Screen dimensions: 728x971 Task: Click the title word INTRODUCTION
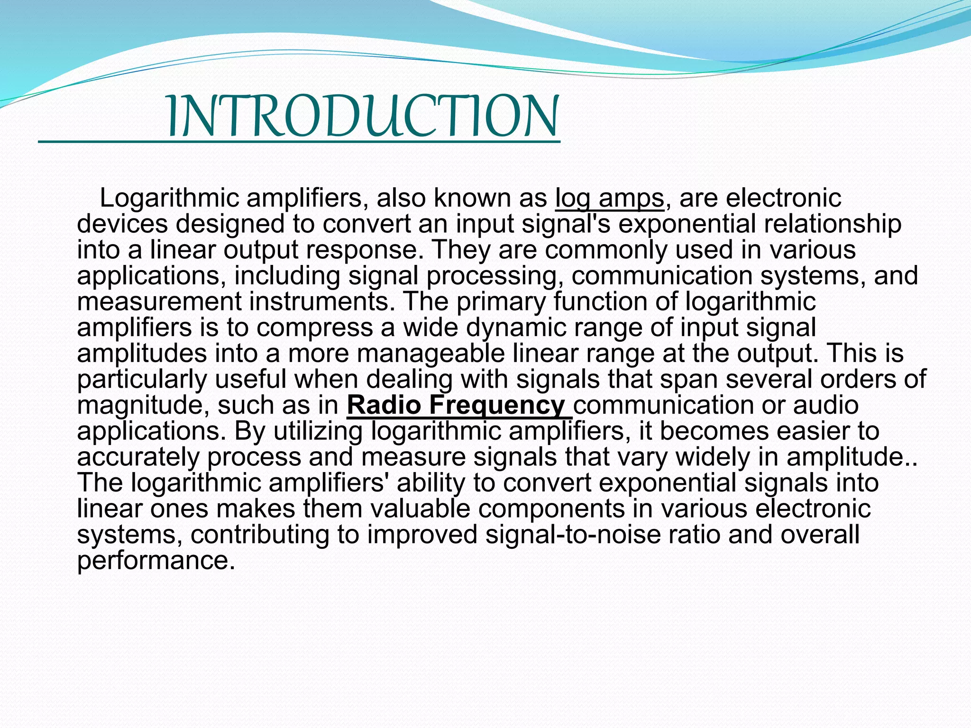[x=363, y=117]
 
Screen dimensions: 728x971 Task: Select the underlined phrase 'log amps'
[x=610, y=198]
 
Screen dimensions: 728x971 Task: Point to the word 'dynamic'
[x=485, y=328]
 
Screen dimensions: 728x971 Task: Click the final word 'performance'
[x=156, y=560]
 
